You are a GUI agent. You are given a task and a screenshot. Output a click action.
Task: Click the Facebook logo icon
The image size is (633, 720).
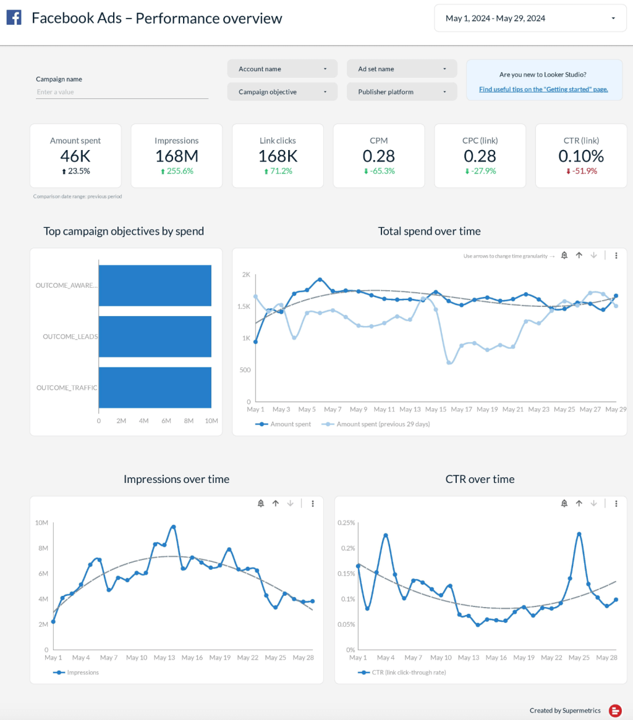pyautogui.click(x=14, y=18)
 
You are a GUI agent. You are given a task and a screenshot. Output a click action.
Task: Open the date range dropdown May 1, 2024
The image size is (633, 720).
pyautogui.click(x=530, y=19)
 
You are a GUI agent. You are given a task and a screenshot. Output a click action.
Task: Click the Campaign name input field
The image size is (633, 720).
pyautogui.click(x=122, y=92)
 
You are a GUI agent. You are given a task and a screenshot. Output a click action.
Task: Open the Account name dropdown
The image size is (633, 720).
pyautogui.click(x=282, y=69)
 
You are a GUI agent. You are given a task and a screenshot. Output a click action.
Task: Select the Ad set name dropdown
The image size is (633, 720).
pyautogui.click(x=402, y=69)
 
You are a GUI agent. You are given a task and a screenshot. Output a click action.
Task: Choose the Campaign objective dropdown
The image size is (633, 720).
pyautogui.click(x=282, y=92)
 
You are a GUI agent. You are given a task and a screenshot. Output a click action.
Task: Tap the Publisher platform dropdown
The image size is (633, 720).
pyautogui.click(x=402, y=92)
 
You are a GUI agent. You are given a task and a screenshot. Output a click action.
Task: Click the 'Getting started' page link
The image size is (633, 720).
pyautogui.click(x=543, y=89)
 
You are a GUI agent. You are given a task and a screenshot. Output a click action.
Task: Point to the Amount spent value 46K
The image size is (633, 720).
pyautogui.click(x=75, y=156)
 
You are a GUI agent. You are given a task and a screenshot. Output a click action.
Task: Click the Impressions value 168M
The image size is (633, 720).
pyautogui.click(x=176, y=156)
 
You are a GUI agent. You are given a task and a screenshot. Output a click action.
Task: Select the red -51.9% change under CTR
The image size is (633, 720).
pyautogui.click(x=581, y=171)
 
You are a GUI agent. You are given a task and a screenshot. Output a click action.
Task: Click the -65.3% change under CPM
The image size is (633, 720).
pyautogui.click(x=379, y=171)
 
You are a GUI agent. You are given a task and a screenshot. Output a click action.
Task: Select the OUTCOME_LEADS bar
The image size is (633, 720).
pyautogui.click(x=155, y=337)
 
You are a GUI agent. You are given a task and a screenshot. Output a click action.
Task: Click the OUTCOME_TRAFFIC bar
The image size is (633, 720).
pyautogui.click(x=155, y=388)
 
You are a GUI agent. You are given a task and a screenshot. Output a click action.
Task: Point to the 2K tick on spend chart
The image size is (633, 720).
pyautogui.click(x=246, y=274)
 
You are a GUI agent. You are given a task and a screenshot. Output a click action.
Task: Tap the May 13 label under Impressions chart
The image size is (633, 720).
pyautogui.click(x=164, y=658)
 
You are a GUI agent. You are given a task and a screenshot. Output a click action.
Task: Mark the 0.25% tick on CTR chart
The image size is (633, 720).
pyautogui.click(x=347, y=523)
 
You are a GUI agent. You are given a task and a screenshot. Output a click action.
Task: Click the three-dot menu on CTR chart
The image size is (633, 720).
pyautogui.click(x=616, y=504)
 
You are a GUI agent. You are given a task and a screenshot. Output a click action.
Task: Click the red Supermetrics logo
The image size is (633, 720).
pyautogui.click(x=615, y=711)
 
